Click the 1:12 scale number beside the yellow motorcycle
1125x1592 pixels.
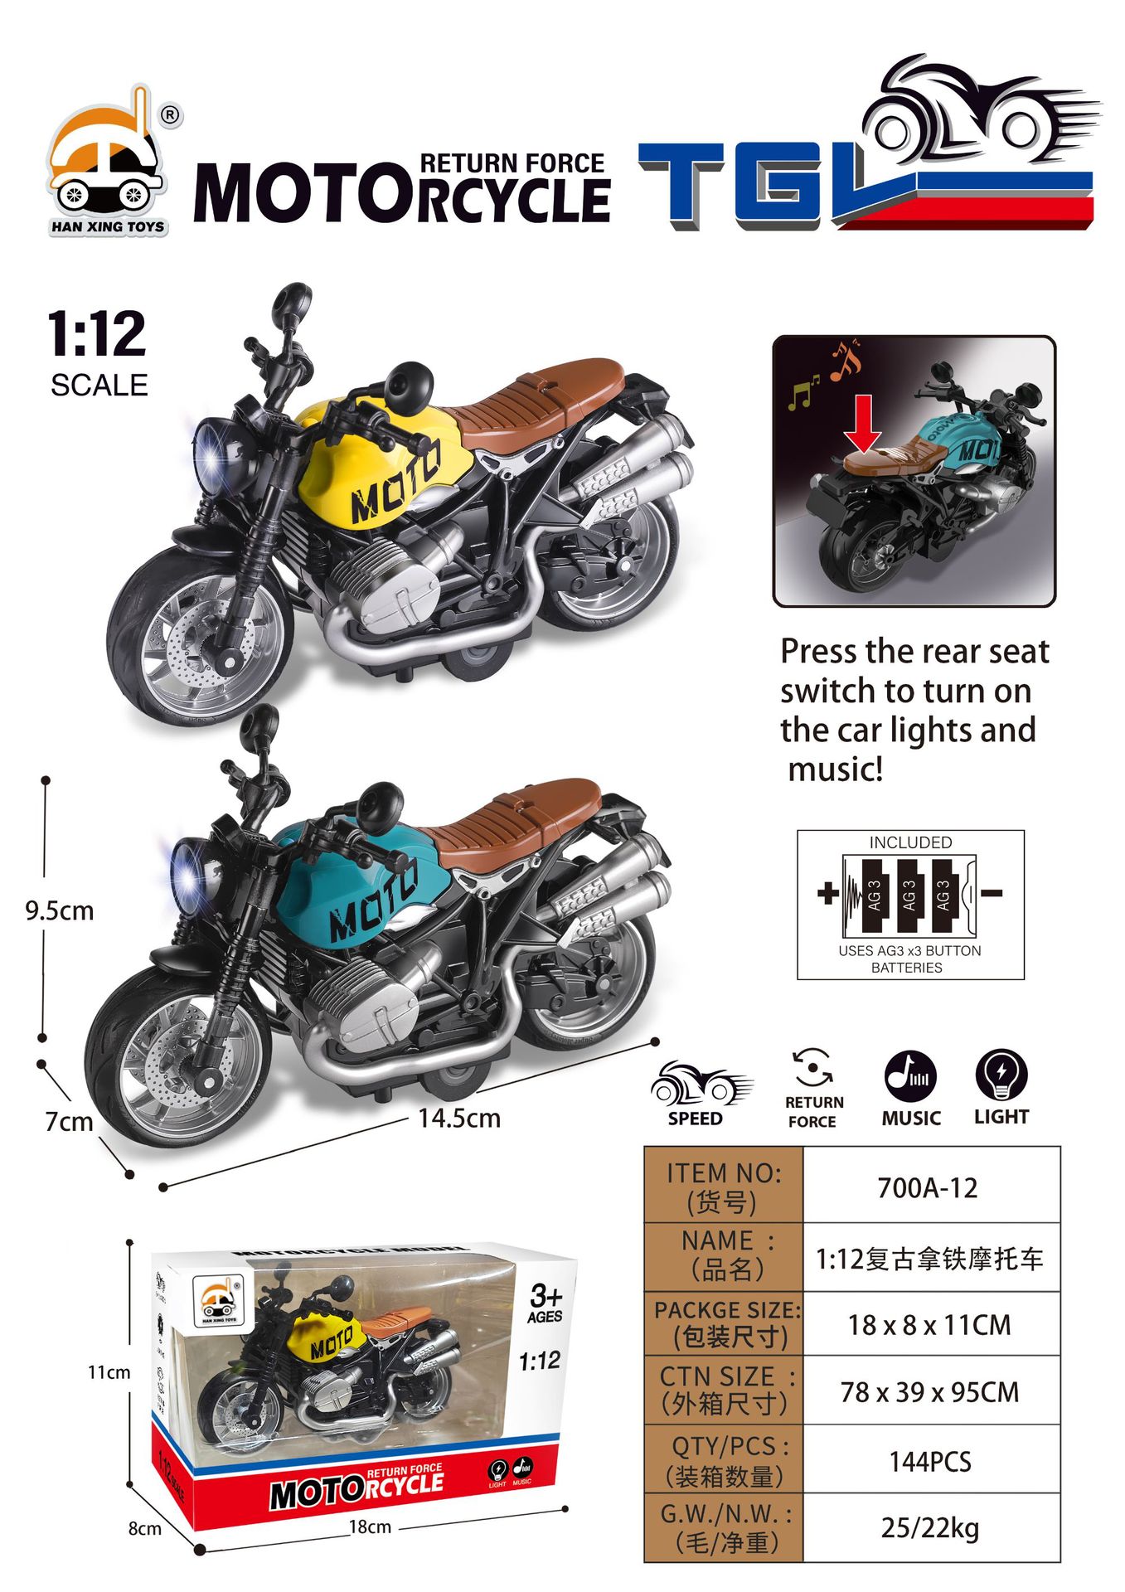[x=97, y=334]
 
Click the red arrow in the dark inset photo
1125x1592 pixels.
[x=863, y=422]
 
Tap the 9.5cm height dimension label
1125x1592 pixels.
[x=60, y=910]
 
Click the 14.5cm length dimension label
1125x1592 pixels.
[x=459, y=1119]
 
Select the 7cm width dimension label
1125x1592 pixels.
[x=69, y=1122]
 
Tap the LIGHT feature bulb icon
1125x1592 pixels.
[x=1001, y=1076]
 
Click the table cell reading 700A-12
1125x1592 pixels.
[x=928, y=1188]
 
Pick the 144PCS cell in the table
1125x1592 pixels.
[x=930, y=1461]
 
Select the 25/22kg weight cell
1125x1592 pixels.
[x=930, y=1527]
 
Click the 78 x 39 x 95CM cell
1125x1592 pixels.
[x=930, y=1392]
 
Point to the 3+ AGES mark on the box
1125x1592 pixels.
[x=546, y=1303]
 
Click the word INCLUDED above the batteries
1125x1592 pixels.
[x=910, y=842]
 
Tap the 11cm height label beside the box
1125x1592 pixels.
[x=109, y=1373]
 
